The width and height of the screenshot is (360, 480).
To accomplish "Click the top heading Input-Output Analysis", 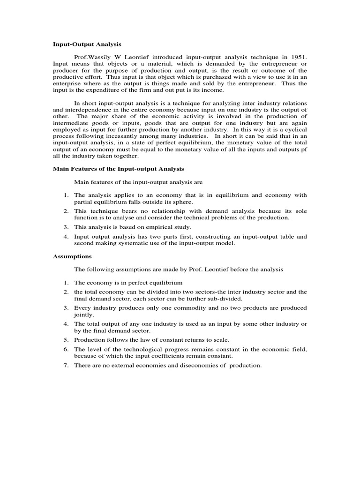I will pos(86,45).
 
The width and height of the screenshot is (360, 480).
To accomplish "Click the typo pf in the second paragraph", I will pos(303,150).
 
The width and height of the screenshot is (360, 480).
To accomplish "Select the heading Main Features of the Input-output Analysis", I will pos(118,169).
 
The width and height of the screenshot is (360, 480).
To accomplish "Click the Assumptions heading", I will pos(72,256).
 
